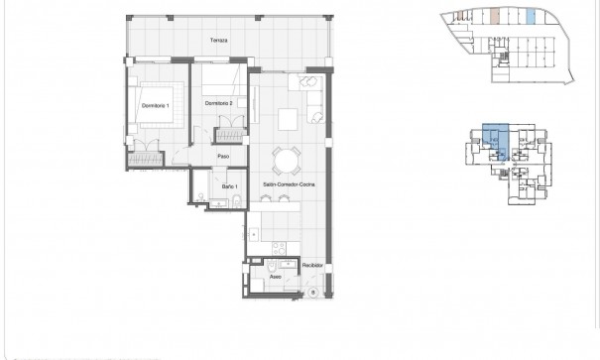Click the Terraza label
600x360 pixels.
tap(219, 40)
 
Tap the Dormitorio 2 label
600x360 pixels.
tap(218, 103)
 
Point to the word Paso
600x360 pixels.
tap(224, 157)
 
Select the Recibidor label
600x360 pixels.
tap(313, 268)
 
